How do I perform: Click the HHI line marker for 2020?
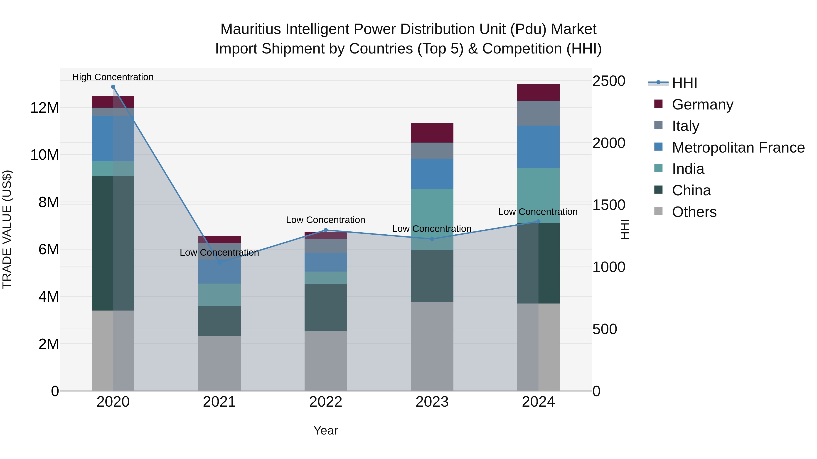coord(113,87)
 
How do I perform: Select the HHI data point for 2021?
coord(219,262)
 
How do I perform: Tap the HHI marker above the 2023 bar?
coord(432,239)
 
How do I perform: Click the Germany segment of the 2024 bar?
coord(538,92)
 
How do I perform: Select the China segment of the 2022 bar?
coord(326,307)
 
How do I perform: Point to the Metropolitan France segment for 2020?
coord(113,138)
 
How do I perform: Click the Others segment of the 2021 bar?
coord(219,363)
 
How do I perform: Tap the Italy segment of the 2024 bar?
coord(538,113)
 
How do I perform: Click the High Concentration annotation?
coord(113,77)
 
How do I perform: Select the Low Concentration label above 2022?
coord(325,220)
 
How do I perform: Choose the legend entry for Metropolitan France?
coord(738,148)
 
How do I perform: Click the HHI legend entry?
coord(684,83)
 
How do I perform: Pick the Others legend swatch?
coord(658,211)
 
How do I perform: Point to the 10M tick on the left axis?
coord(44,155)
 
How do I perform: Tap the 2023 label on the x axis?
coord(432,402)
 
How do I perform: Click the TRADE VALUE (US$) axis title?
coord(7,229)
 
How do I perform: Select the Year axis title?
coord(326,430)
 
